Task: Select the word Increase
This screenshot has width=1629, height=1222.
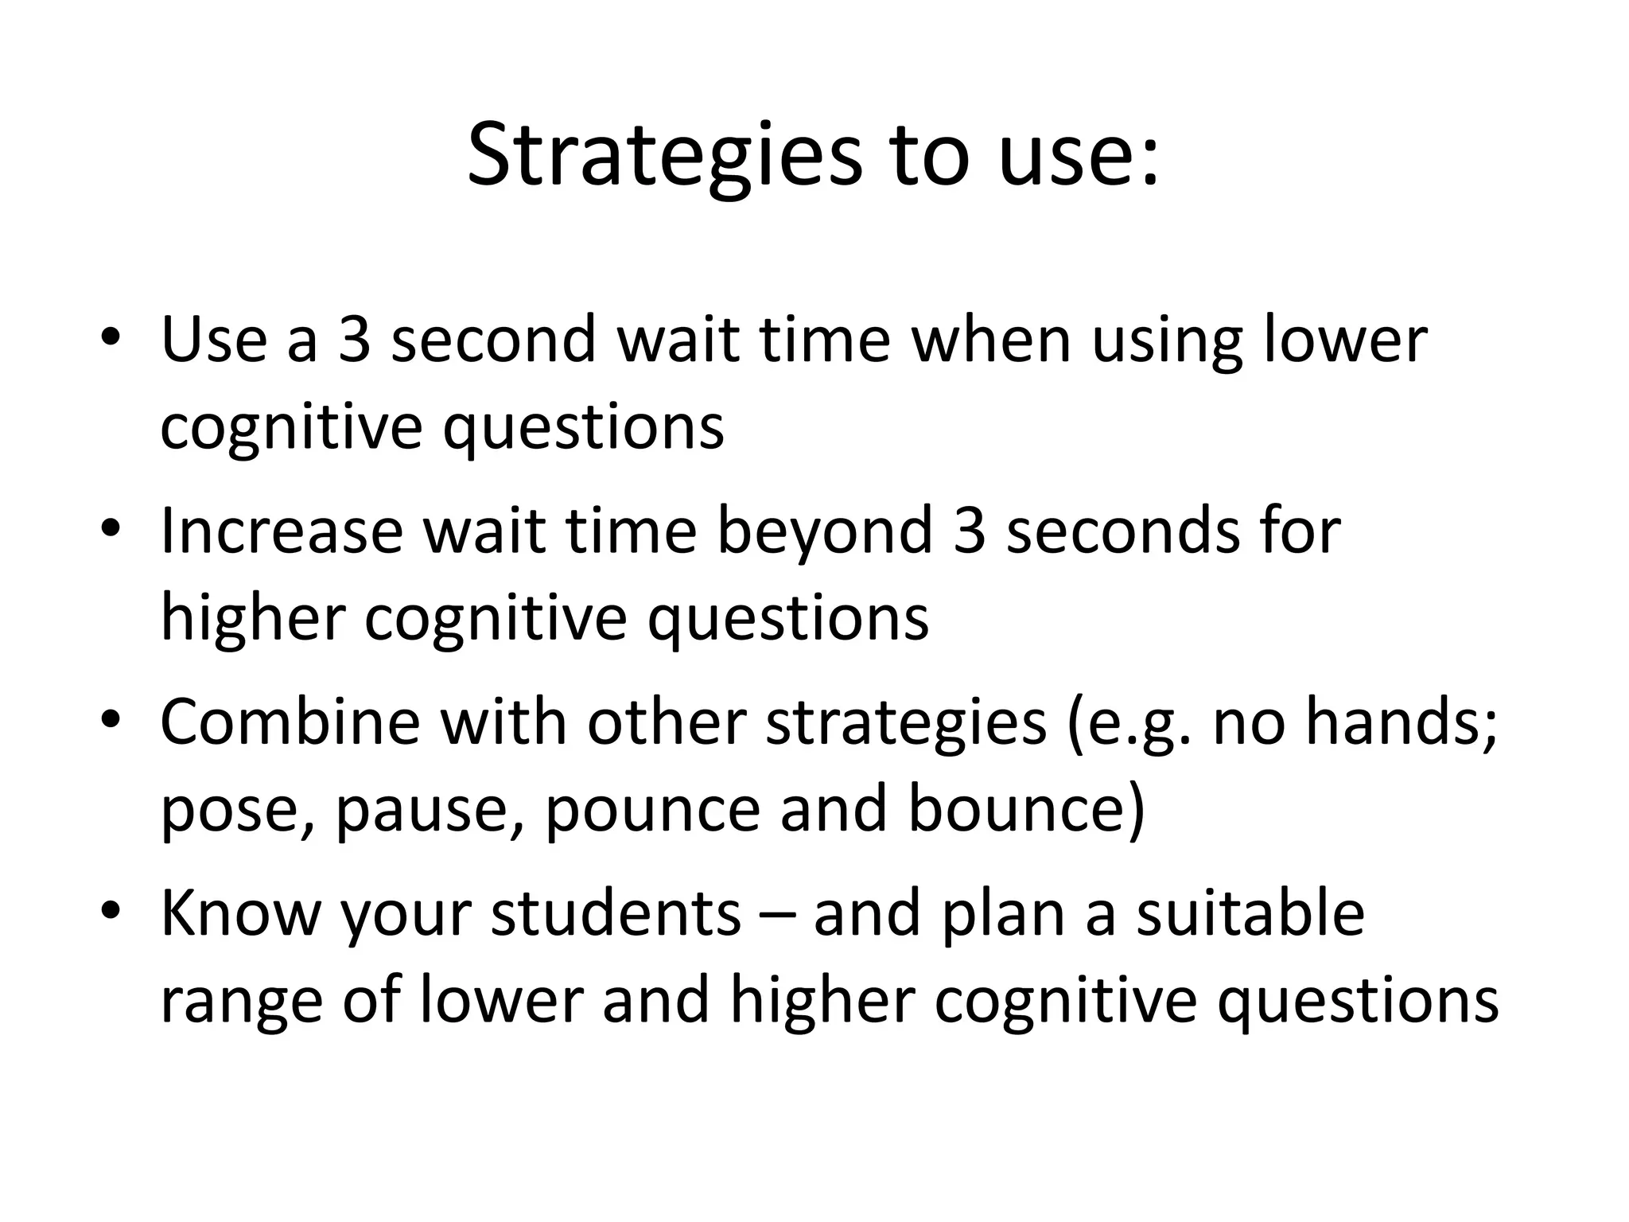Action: point(282,531)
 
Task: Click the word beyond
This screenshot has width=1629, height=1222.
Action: point(825,531)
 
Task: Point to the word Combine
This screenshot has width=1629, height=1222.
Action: point(290,722)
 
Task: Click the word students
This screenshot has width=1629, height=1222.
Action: point(616,913)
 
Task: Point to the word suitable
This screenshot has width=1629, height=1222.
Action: point(1250,913)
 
